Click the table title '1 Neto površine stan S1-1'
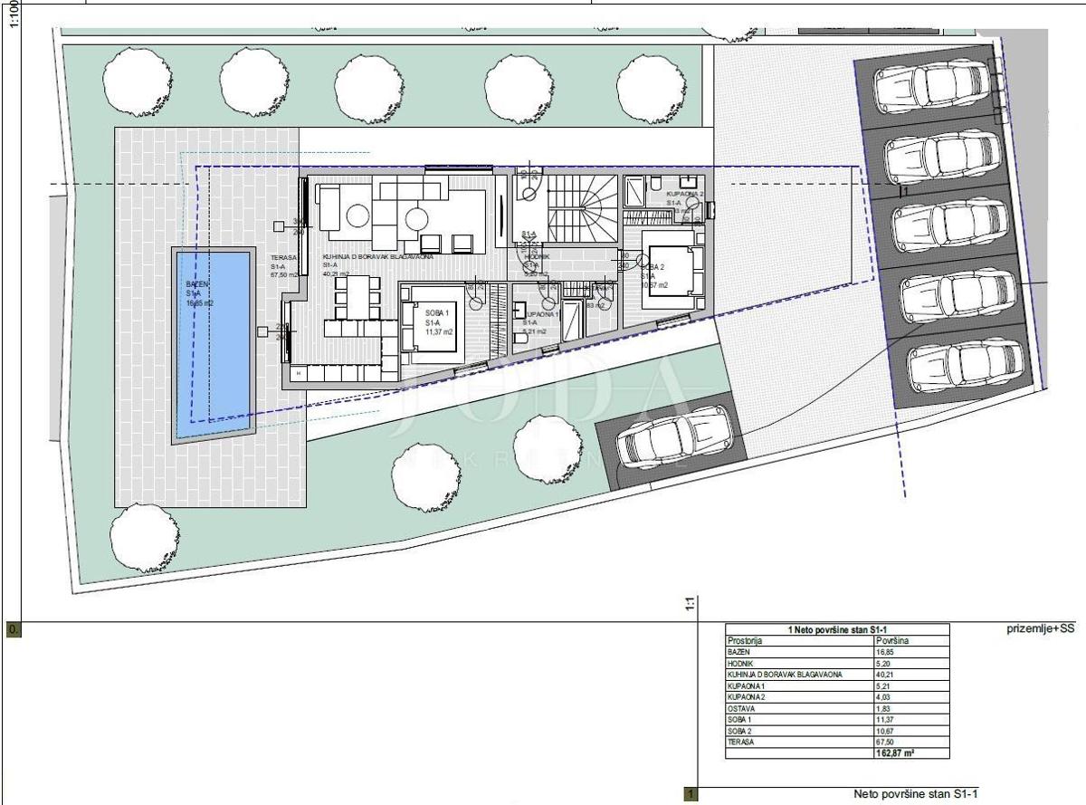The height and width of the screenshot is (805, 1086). click(837, 628)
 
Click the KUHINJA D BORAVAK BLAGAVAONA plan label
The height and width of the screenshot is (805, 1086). click(377, 257)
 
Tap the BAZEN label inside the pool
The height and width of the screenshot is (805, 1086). click(198, 284)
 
